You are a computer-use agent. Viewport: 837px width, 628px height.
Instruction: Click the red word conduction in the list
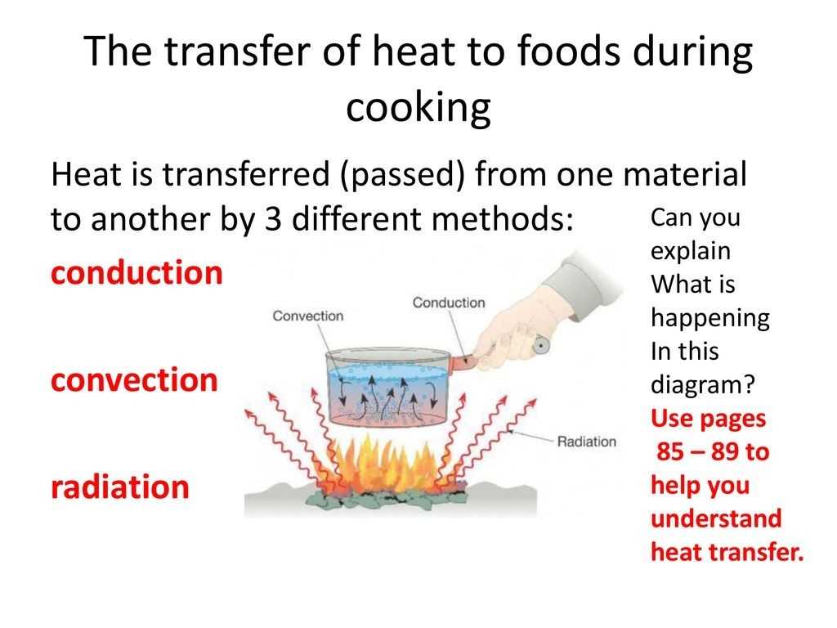tap(137, 272)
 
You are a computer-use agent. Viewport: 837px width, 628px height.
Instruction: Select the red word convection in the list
tap(135, 380)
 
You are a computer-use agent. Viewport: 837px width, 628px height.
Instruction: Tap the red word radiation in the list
tap(120, 487)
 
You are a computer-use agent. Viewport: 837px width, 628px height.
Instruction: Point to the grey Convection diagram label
tap(308, 316)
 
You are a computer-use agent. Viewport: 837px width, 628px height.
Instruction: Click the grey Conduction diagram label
tap(449, 303)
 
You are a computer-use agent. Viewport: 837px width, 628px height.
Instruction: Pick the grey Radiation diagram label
tap(587, 442)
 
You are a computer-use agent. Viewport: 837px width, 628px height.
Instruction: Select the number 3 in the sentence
tap(273, 219)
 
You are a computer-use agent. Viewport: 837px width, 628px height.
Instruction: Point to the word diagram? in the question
tap(703, 384)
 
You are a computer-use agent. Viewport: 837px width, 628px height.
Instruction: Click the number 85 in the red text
tap(670, 451)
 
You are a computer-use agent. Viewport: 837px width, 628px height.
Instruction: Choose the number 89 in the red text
tap(724, 451)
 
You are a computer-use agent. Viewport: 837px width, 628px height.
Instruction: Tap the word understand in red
tap(716, 518)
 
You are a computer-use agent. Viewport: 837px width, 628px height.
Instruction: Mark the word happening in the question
tap(710, 318)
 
